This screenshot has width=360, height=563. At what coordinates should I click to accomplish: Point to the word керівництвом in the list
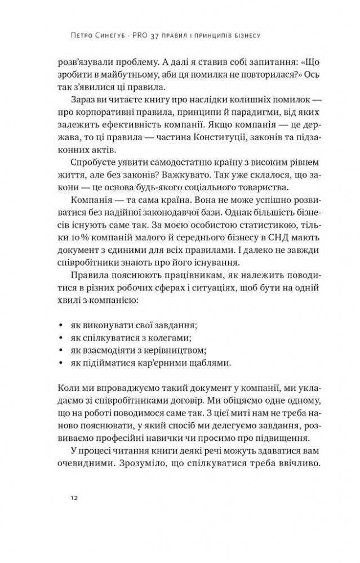169,351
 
